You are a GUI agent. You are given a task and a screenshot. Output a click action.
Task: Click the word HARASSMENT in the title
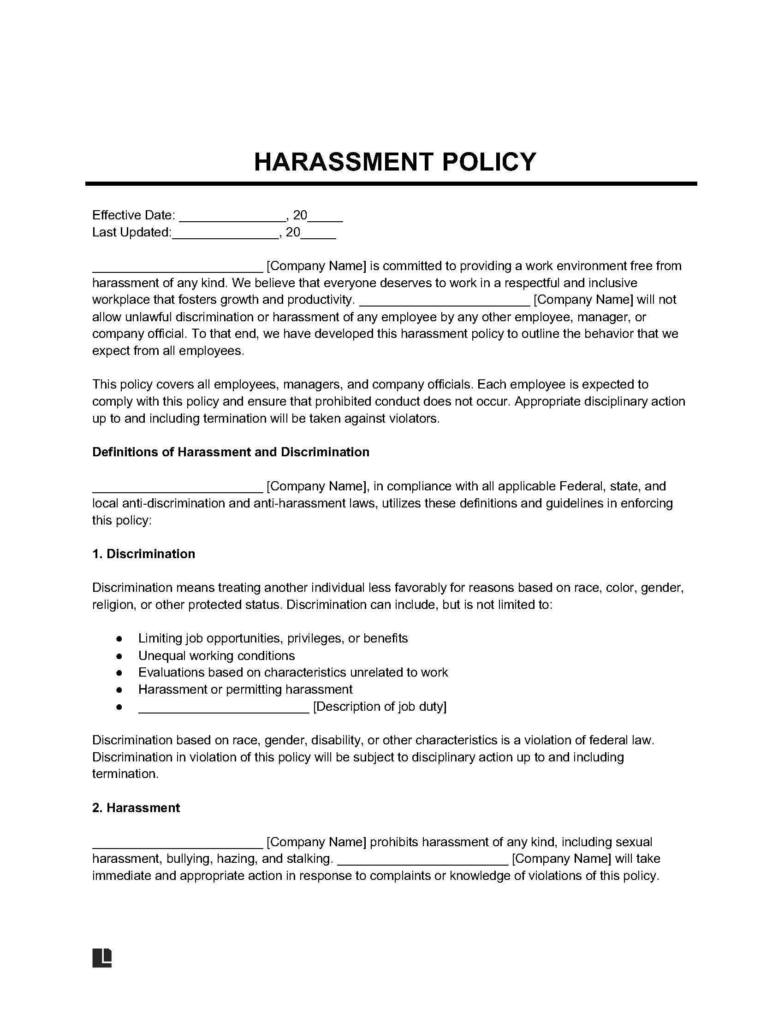click(344, 162)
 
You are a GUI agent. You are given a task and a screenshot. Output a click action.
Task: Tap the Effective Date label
click(133, 215)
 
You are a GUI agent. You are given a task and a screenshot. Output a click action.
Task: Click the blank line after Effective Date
click(232, 218)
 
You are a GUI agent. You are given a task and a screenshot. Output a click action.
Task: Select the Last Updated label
click(131, 232)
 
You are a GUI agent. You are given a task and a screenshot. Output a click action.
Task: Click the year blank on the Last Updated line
click(319, 236)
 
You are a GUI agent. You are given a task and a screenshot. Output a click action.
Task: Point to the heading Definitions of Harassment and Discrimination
click(231, 452)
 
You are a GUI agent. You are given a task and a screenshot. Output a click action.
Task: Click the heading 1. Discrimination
click(143, 554)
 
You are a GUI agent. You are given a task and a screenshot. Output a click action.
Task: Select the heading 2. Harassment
click(136, 808)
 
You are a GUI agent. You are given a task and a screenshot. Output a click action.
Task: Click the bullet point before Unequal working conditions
click(119, 656)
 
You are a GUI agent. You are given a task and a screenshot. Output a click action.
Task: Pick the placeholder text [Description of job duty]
click(380, 706)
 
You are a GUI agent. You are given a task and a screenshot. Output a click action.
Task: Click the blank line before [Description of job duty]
click(223, 709)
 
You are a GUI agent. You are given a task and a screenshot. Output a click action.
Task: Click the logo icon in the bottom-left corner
click(102, 958)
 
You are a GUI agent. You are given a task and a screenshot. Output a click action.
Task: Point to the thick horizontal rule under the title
click(391, 184)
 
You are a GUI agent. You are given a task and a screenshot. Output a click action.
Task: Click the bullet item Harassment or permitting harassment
click(245, 690)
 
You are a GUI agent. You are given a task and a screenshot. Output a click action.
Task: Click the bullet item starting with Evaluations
click(292, 672)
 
